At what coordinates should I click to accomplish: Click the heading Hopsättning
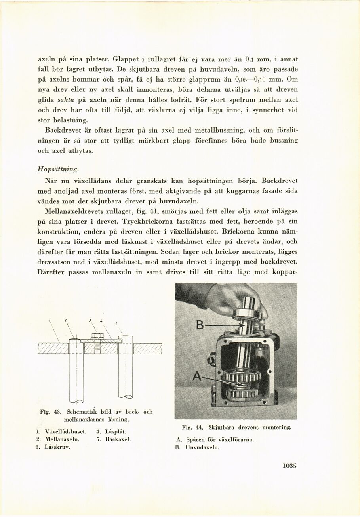pyautogui.click(x=58, y=169)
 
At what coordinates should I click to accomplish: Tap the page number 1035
pyautogui.click(x=290, y=466)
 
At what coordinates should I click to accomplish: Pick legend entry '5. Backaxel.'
pyautogui.click(x=113, y=439)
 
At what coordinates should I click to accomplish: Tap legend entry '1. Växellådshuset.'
pyautogui.click(x=61, y=432)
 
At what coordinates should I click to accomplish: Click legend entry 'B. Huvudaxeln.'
pyautogui.click(x=197, y=448)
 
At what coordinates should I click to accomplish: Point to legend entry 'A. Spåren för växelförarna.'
pyautogui.click(x=214, y=440)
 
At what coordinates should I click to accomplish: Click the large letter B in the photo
pyautogui.click(x=200, y=325)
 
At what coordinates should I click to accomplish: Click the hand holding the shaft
pyautogui.click(x=230, y=299)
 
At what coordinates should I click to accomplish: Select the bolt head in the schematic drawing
pyautogui.click(x=97, y=336)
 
